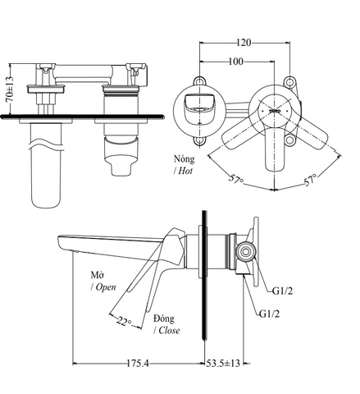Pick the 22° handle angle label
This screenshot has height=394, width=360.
pyautogui.click(x=123, y=321)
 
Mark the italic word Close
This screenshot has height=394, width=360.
pyautogui.click(x=167, y=331)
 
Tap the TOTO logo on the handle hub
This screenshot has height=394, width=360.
pyautogui.click(x=274, y=109)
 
